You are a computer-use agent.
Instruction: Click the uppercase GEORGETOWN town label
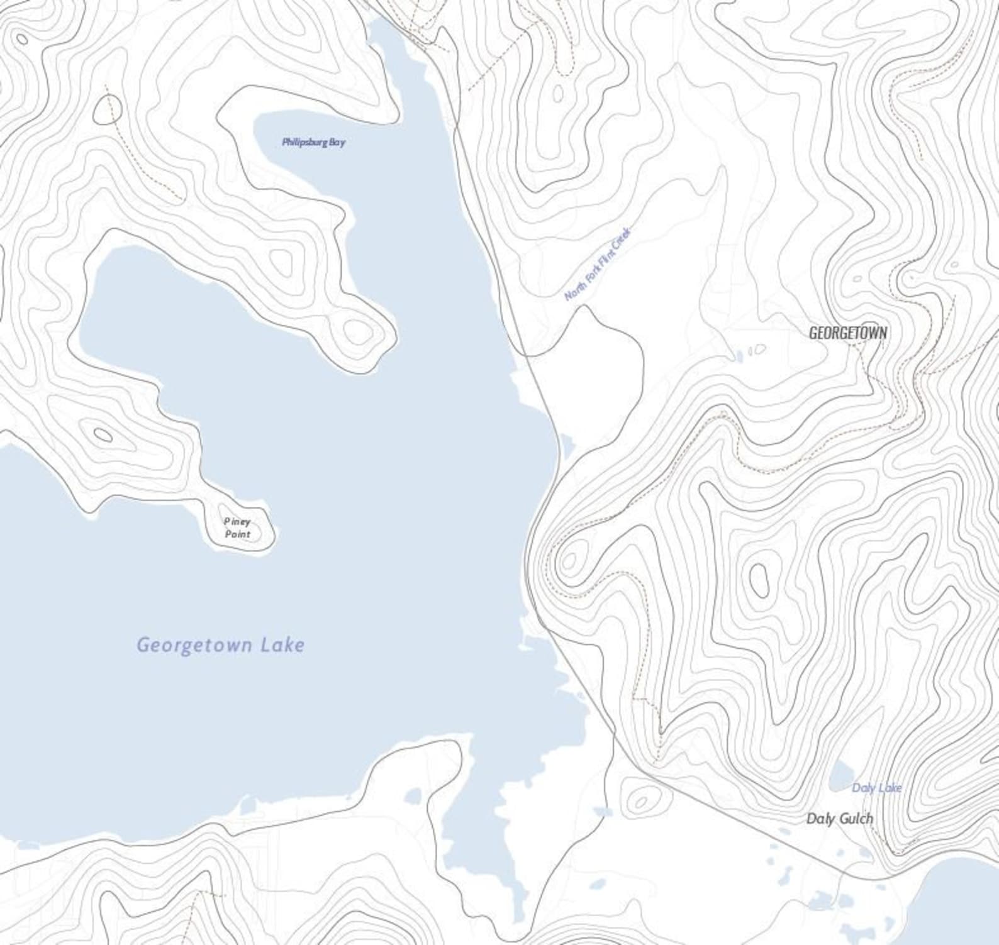tap(847, 333)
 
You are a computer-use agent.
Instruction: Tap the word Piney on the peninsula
tap(237, 521)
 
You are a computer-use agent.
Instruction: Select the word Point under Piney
tap(237, 534)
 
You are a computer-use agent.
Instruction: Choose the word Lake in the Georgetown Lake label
tap(284, 644)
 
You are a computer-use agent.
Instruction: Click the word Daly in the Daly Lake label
tap(863, 788)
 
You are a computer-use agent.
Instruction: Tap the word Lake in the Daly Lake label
tap(890, 788)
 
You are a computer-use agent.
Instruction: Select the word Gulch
tap(856, 818)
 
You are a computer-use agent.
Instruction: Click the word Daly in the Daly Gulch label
tap(820, 818)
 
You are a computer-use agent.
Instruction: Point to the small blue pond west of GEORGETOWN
tap(739, 356)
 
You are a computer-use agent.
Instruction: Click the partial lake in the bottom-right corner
tap(966, 899)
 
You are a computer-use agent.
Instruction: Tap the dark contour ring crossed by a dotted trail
tap(108, 111)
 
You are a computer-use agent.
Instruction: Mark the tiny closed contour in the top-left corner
tap(21, 39)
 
